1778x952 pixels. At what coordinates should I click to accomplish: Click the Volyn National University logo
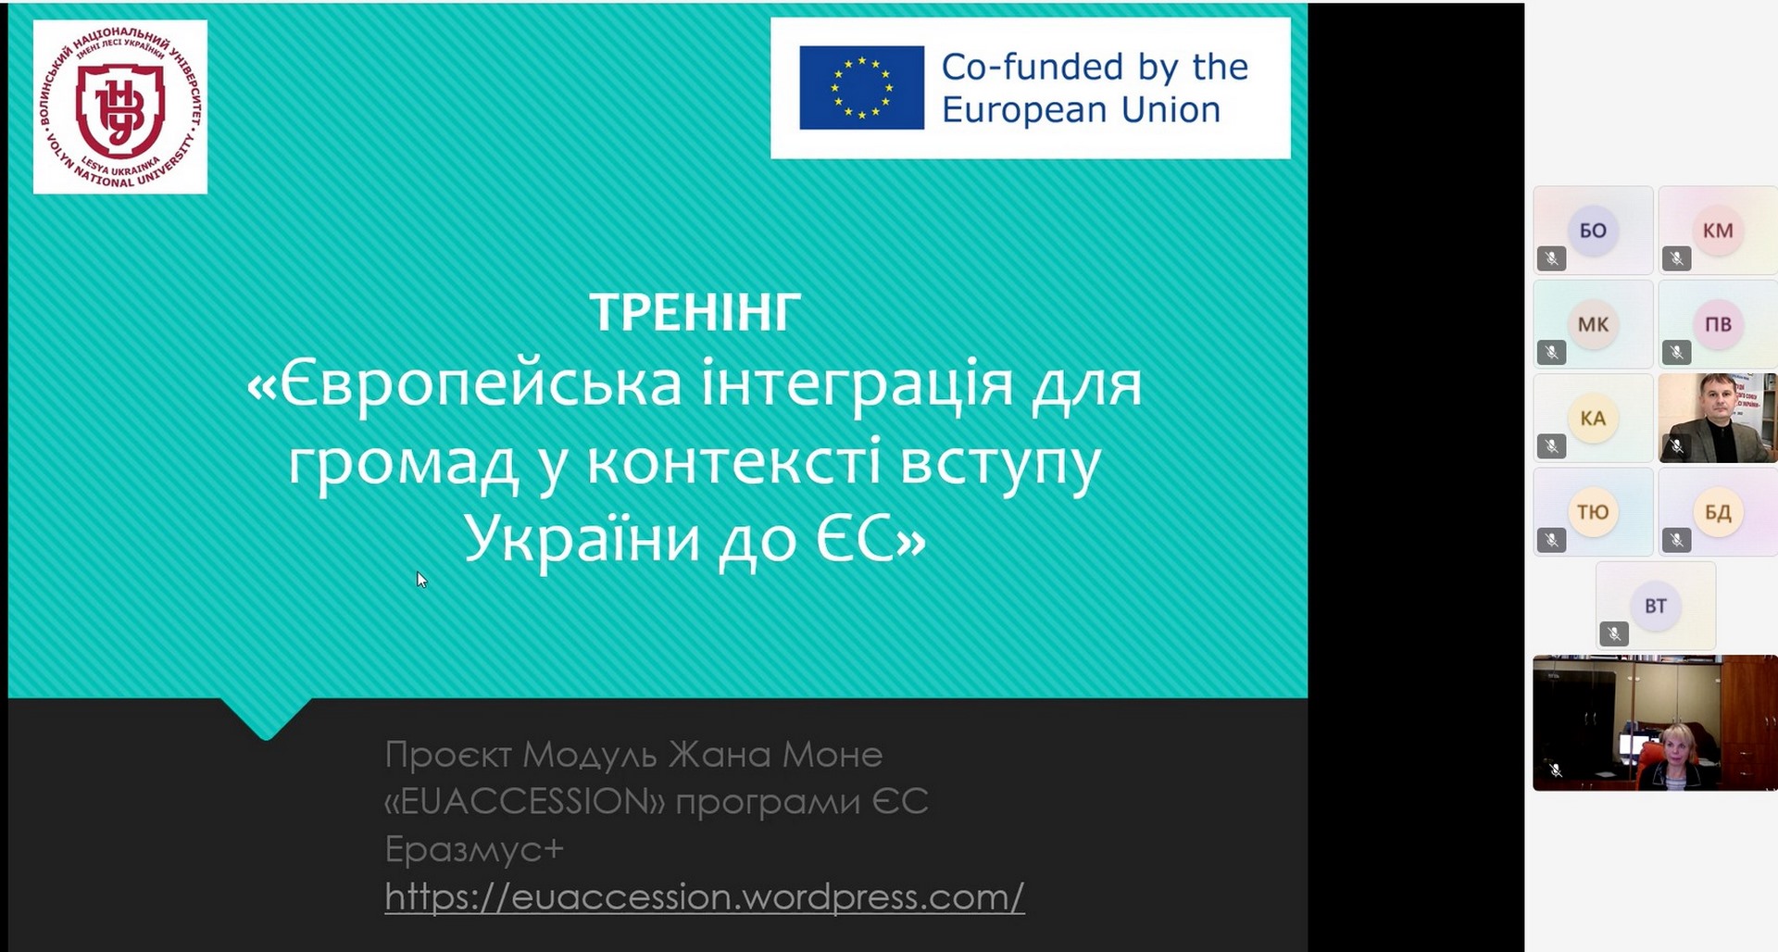(x=120, y=106)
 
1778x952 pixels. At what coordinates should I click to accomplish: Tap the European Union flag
(x=861, y=88)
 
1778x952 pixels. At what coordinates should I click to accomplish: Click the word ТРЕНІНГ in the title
(x=695, y=312)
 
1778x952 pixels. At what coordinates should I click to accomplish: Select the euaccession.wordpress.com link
(x=704, y=896)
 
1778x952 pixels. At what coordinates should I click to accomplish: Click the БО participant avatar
(x=1593, y=230)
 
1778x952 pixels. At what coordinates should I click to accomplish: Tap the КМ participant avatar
(x=1718, y=230)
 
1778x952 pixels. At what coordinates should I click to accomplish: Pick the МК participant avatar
(x=1593, y=324)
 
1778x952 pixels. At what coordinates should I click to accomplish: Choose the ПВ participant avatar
(x=1718, y=324)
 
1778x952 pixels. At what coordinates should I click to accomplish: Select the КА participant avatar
(x=1593, y=418)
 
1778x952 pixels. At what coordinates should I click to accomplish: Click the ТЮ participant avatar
(x=1593, y=511)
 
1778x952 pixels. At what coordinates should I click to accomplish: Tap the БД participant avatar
(x=1718, y=511)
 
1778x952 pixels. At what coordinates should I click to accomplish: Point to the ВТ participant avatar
(x=1656, y=606)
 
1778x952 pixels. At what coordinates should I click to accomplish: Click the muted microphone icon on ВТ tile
(x=1614, y=633)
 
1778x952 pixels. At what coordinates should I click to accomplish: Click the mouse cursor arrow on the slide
(x=421, y=580)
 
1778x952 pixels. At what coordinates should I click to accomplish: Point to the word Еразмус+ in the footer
(x=474, y=848)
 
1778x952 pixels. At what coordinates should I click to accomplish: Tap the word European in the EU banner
(x=1025, y=110)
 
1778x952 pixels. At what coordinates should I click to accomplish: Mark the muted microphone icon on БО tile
(x=1552, y=258)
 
